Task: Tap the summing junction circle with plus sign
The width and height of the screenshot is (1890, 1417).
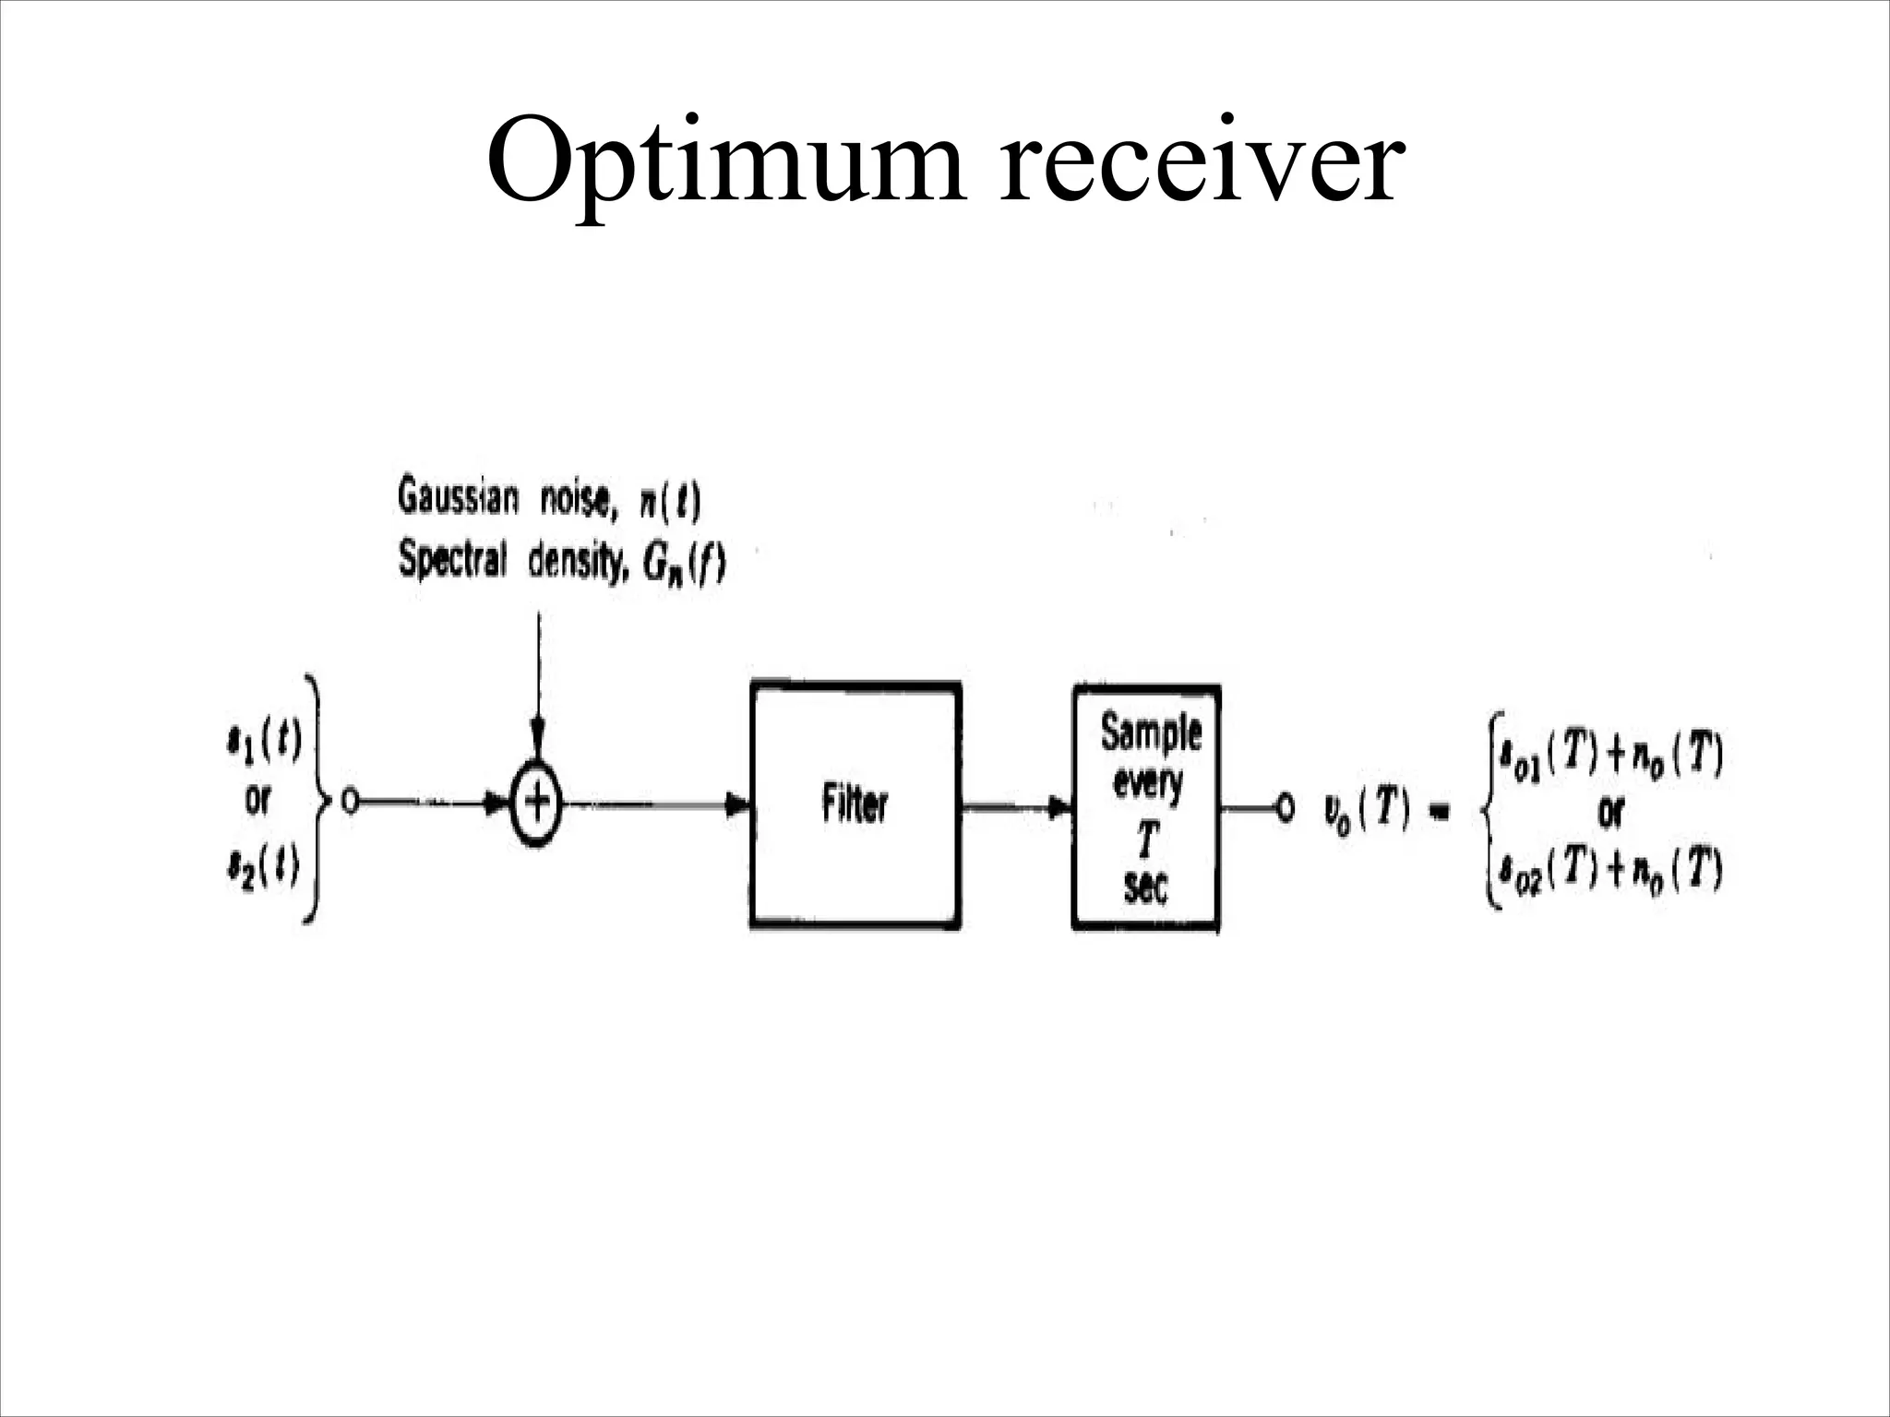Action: point(536,804)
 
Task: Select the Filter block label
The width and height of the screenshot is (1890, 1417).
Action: point(855,805)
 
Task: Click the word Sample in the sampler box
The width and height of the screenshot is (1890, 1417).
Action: point(1151,734)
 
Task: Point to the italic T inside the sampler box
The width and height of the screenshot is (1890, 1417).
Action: point(1147,839)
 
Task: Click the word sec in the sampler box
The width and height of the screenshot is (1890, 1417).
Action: point(1145,889)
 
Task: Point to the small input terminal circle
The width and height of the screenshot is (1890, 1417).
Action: point(349,803)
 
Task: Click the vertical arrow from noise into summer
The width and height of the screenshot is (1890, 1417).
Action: point(538,683)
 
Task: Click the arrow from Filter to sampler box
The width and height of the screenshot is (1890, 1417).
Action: point(1015,807)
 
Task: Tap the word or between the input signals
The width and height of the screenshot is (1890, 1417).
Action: point(257,802)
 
